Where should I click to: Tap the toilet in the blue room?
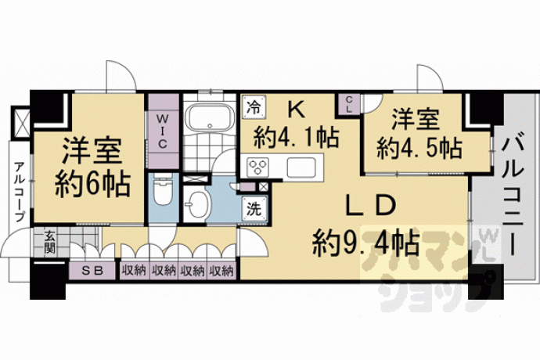click(x=162, y=189)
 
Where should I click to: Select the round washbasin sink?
click(x=197, y=204)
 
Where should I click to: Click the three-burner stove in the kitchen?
click(x=258, y=167)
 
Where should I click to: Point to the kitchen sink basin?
click(x=301, y=167)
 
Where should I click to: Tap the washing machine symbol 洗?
click(x=254, y=209)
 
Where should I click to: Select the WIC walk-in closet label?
click(x=162, y=131)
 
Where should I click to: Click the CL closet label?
click(x=348, y=105)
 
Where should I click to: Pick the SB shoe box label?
click(x=92, y=271)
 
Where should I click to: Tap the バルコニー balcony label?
click(x=513, y=196)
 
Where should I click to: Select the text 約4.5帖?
click(x=419, y=149)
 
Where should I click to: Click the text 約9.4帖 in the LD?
click(x=365, y=243)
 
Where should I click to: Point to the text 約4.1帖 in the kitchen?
click(x=296, y=138)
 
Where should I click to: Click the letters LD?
click(x=372, y=206)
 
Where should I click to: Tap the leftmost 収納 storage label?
click(x=134, y=271)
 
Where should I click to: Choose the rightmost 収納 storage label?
click(x=221, y=271)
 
